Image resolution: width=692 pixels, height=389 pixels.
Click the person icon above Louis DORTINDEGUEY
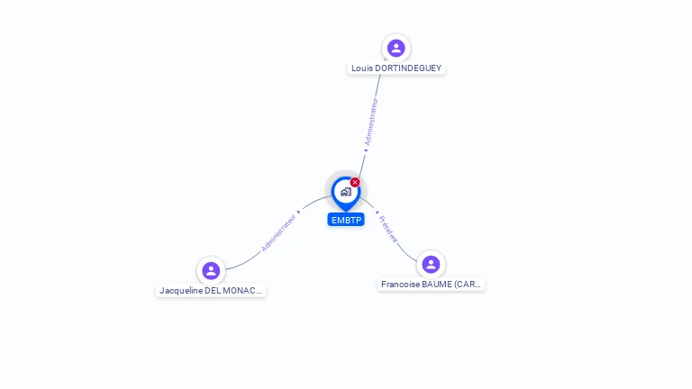click(396, 48)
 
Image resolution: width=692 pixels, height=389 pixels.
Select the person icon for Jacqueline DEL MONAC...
click(211, 270)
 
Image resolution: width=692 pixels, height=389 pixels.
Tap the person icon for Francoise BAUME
click(431, 264)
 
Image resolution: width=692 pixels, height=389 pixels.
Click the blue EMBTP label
click(346, 220)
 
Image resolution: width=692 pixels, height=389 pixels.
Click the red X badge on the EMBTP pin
click(355, 183)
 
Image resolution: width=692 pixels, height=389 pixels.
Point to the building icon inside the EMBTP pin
click(345, 191)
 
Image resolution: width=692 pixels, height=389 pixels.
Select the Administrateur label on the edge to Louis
click(370, 122)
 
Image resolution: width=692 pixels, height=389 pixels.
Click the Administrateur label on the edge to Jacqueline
click(278, 232)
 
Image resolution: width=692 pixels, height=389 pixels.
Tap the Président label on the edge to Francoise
click(388, 230)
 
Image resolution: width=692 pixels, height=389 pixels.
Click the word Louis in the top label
click(361, 68)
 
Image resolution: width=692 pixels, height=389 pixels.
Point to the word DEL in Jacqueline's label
click(215, 291)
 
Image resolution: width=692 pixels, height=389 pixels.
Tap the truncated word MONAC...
click(244, 291)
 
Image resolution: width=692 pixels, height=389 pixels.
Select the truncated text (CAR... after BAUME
click(469, 285)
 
